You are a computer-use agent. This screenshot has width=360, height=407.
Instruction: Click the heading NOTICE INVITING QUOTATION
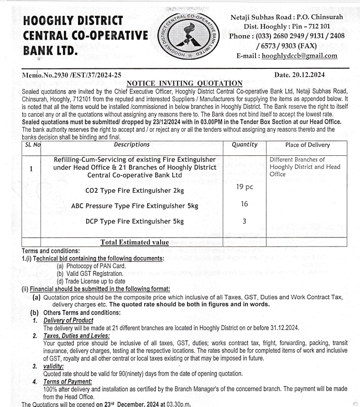click(184, 83)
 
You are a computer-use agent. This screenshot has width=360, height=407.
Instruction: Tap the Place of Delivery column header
click(308, 145)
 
